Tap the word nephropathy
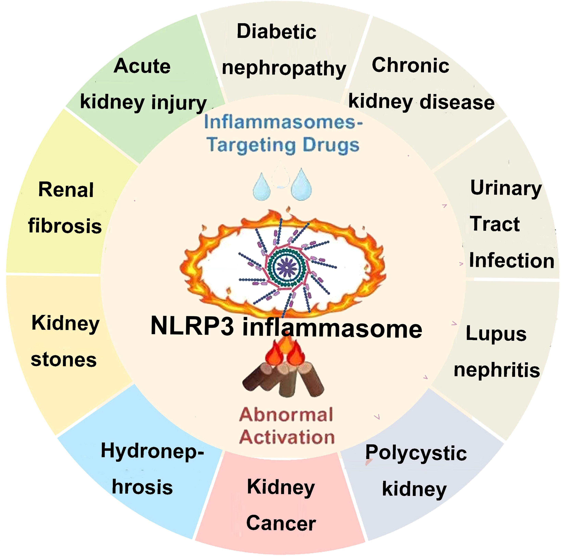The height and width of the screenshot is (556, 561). [284, 69]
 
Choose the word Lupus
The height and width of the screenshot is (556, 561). [496, 334]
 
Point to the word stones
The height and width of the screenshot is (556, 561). [64, 360]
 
